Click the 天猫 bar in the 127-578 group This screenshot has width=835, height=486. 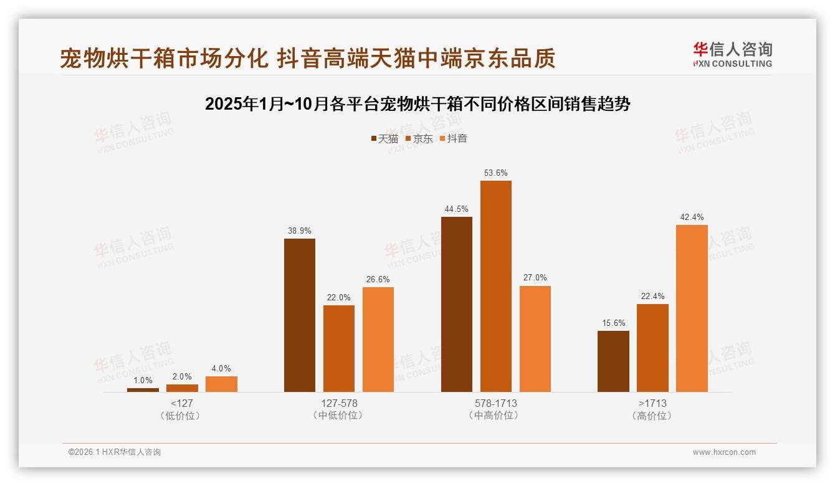[300, 315]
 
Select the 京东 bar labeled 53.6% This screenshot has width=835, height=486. [495, 286]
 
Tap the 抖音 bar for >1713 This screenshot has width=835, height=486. [692, 308]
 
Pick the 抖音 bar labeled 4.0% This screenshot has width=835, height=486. [221, 384]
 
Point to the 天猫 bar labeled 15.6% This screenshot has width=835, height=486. [613, 361]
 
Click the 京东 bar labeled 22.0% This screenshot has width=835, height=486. [339, 348]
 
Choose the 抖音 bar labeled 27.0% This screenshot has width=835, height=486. [535, 339]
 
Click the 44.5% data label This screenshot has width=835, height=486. [456, 209]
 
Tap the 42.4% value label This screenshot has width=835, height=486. [692, 217]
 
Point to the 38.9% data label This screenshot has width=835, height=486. [300, 231]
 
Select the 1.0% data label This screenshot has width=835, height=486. [143, 381]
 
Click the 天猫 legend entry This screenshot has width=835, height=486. [384, 138]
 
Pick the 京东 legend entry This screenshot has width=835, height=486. [419, 138]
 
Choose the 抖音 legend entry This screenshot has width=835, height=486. [453, 138]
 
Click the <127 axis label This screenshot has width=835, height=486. [182, 403]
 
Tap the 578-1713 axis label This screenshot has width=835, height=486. [495, 403]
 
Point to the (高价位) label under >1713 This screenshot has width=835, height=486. [652, 416]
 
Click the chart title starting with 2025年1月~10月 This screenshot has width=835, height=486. [417, 103]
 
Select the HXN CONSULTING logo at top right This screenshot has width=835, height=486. [732, 55]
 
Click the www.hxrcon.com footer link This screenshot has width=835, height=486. [724, 452]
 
